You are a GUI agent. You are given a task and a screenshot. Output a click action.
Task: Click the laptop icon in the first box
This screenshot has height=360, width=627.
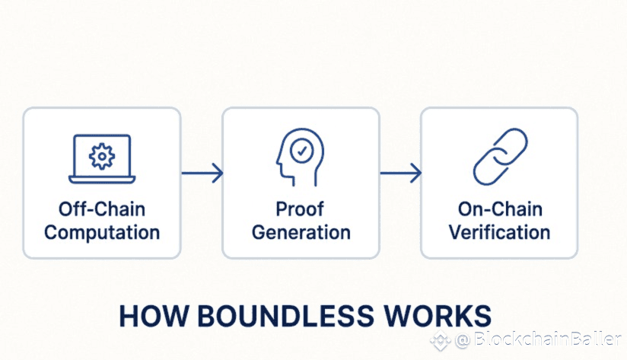tap(102, 159)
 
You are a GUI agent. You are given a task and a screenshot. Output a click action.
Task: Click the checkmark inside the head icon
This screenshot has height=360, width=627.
tap(303, 151)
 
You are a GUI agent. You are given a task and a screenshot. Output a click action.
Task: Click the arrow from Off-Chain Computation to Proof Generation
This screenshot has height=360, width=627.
tap(202, 174)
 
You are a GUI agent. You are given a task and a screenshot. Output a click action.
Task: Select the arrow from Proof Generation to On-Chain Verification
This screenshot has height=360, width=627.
tap(400, 174)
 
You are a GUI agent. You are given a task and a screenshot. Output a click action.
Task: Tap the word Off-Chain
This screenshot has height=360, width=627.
tap(102, 209)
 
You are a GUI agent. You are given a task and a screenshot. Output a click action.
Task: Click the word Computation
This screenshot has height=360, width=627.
tap(102, 232)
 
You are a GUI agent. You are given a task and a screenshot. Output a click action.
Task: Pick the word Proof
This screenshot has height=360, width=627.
tap(301, 209)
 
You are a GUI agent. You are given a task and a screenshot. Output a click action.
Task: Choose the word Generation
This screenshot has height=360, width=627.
tap(301, 232)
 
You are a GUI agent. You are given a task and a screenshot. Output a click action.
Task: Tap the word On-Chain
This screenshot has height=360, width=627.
tap(498, 209)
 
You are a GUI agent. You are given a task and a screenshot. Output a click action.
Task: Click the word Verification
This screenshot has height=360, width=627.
tap(498, 232)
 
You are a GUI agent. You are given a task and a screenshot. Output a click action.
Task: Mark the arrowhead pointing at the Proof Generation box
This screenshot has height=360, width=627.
tap(218, 174)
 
